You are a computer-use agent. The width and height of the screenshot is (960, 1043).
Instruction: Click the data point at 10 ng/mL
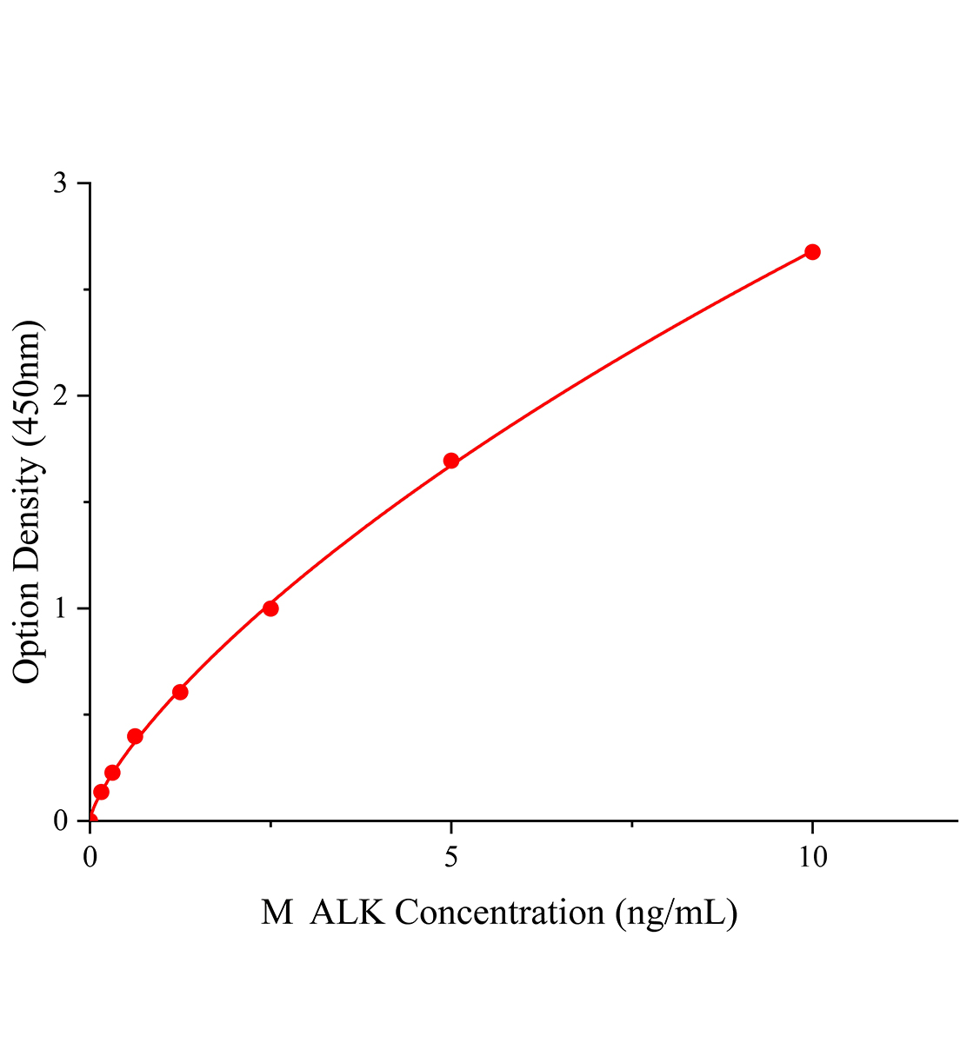[x=812, y=252]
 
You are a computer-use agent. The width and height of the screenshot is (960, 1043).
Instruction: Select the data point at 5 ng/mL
[x=450, y=461]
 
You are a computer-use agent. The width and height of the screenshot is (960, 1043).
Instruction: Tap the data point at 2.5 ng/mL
[x=270, y=608]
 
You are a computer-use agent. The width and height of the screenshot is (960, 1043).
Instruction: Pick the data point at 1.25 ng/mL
[x=180, y=692]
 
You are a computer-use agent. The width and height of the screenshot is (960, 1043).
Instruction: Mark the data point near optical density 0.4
[x=135, y=736]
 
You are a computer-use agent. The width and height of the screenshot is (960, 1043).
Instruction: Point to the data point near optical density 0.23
[x=112, y=773]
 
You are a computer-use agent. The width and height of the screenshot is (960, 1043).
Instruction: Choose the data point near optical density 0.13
[x=101, y=792]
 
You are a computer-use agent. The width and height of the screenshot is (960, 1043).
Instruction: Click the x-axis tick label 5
[x=450, y=857]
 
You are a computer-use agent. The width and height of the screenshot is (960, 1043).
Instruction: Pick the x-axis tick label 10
[x=812, y=857]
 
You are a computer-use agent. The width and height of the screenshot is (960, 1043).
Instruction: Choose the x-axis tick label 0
[x=90, y=857]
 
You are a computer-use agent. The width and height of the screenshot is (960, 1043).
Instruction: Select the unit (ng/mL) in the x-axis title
[x=676, y=913]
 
